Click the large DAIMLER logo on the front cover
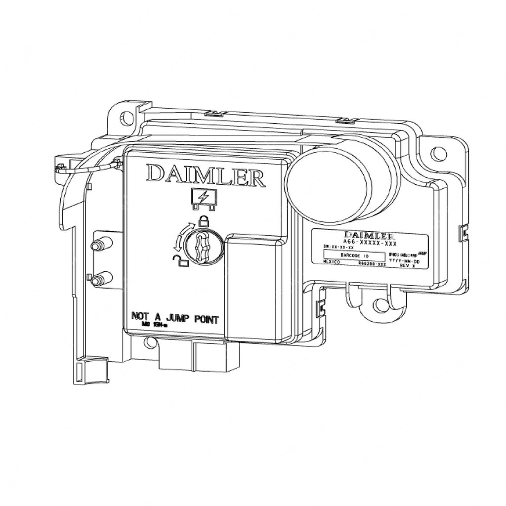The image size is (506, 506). click(205, 175)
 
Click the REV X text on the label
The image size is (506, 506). click(409, 265)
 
